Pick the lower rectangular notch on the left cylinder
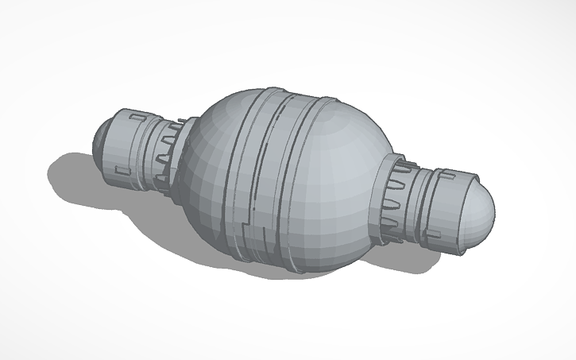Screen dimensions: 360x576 tap(123, 169)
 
